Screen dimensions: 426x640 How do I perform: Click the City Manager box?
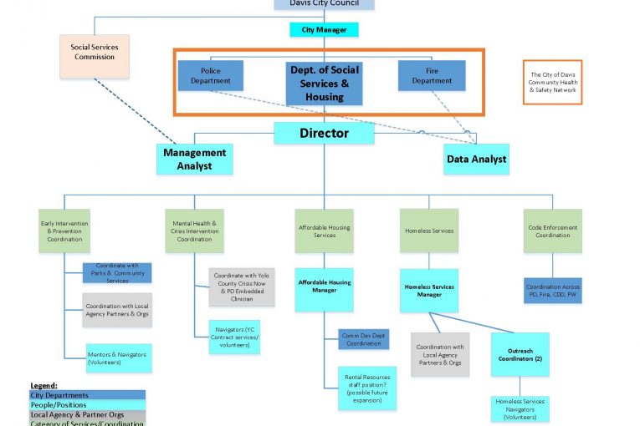click(x=324, y=30)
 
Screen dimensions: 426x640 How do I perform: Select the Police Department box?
click(x=210, y=76)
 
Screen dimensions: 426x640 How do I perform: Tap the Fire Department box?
click(x=432, y=76)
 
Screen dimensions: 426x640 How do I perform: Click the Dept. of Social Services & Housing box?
click(x=324, y=84)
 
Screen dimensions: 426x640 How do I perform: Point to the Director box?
click(x=324, y=133)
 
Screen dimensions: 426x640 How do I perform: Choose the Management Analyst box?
click(x=194, y=159)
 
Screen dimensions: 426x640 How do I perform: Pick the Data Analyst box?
click(x=475, y=159)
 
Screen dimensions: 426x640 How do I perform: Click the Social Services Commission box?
click(x=95, y=52)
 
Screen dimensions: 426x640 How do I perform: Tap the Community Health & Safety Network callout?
click(x=552, y=82)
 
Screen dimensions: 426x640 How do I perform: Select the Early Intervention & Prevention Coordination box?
click(x=64, y=231)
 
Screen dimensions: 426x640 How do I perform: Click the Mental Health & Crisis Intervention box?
click(x=194, y=231)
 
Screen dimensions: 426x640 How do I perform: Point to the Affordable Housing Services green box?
click(x=324, y=231)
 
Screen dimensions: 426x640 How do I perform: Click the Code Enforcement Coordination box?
click(x=552, y=231)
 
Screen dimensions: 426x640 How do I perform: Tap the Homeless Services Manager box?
click(x=429, y=290)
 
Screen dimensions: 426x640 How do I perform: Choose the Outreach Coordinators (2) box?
click(x=520, y=354)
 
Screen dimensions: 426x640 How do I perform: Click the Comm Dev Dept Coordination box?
click(x=364, y=339)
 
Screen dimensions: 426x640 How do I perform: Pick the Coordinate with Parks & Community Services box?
click(x=117, y=273)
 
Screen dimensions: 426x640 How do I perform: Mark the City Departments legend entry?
click(x=87, y=395)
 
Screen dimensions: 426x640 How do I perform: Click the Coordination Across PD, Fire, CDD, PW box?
click(x=552, y=291)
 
